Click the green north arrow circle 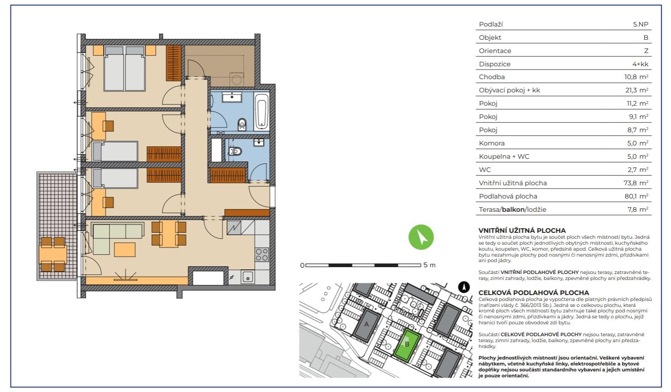click(421, 237)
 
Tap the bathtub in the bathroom click(262, 111)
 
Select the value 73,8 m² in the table click(636, 183)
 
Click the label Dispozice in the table click(495, 64)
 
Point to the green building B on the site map click(407, 345)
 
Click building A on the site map click(367, 325)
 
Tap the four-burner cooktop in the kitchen click(262, 255)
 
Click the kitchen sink click(248, 277)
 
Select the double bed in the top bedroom click(124, 68)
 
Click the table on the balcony click(53, 254)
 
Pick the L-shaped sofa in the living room click(117, 238)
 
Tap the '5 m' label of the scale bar click(429, 265)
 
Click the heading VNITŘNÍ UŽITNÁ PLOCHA click(522, 231)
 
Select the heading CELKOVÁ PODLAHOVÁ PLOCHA click(534, 293)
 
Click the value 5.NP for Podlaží click(641, 24)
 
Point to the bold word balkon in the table click(513, 209)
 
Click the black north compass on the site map click(464, 287)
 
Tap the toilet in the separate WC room click(235, 151)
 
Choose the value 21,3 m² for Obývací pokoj click(637, 90)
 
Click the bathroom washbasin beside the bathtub click(232, 97)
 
